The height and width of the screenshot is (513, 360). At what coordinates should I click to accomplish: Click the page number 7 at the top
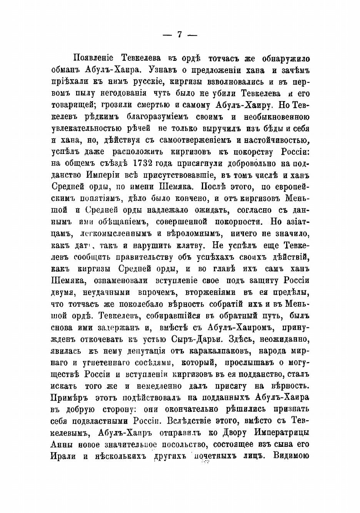tap(179, 34)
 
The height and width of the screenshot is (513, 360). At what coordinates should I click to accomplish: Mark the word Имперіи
tap(103, 175)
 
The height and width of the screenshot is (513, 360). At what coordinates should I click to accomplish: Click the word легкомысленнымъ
tap(118, 234)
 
